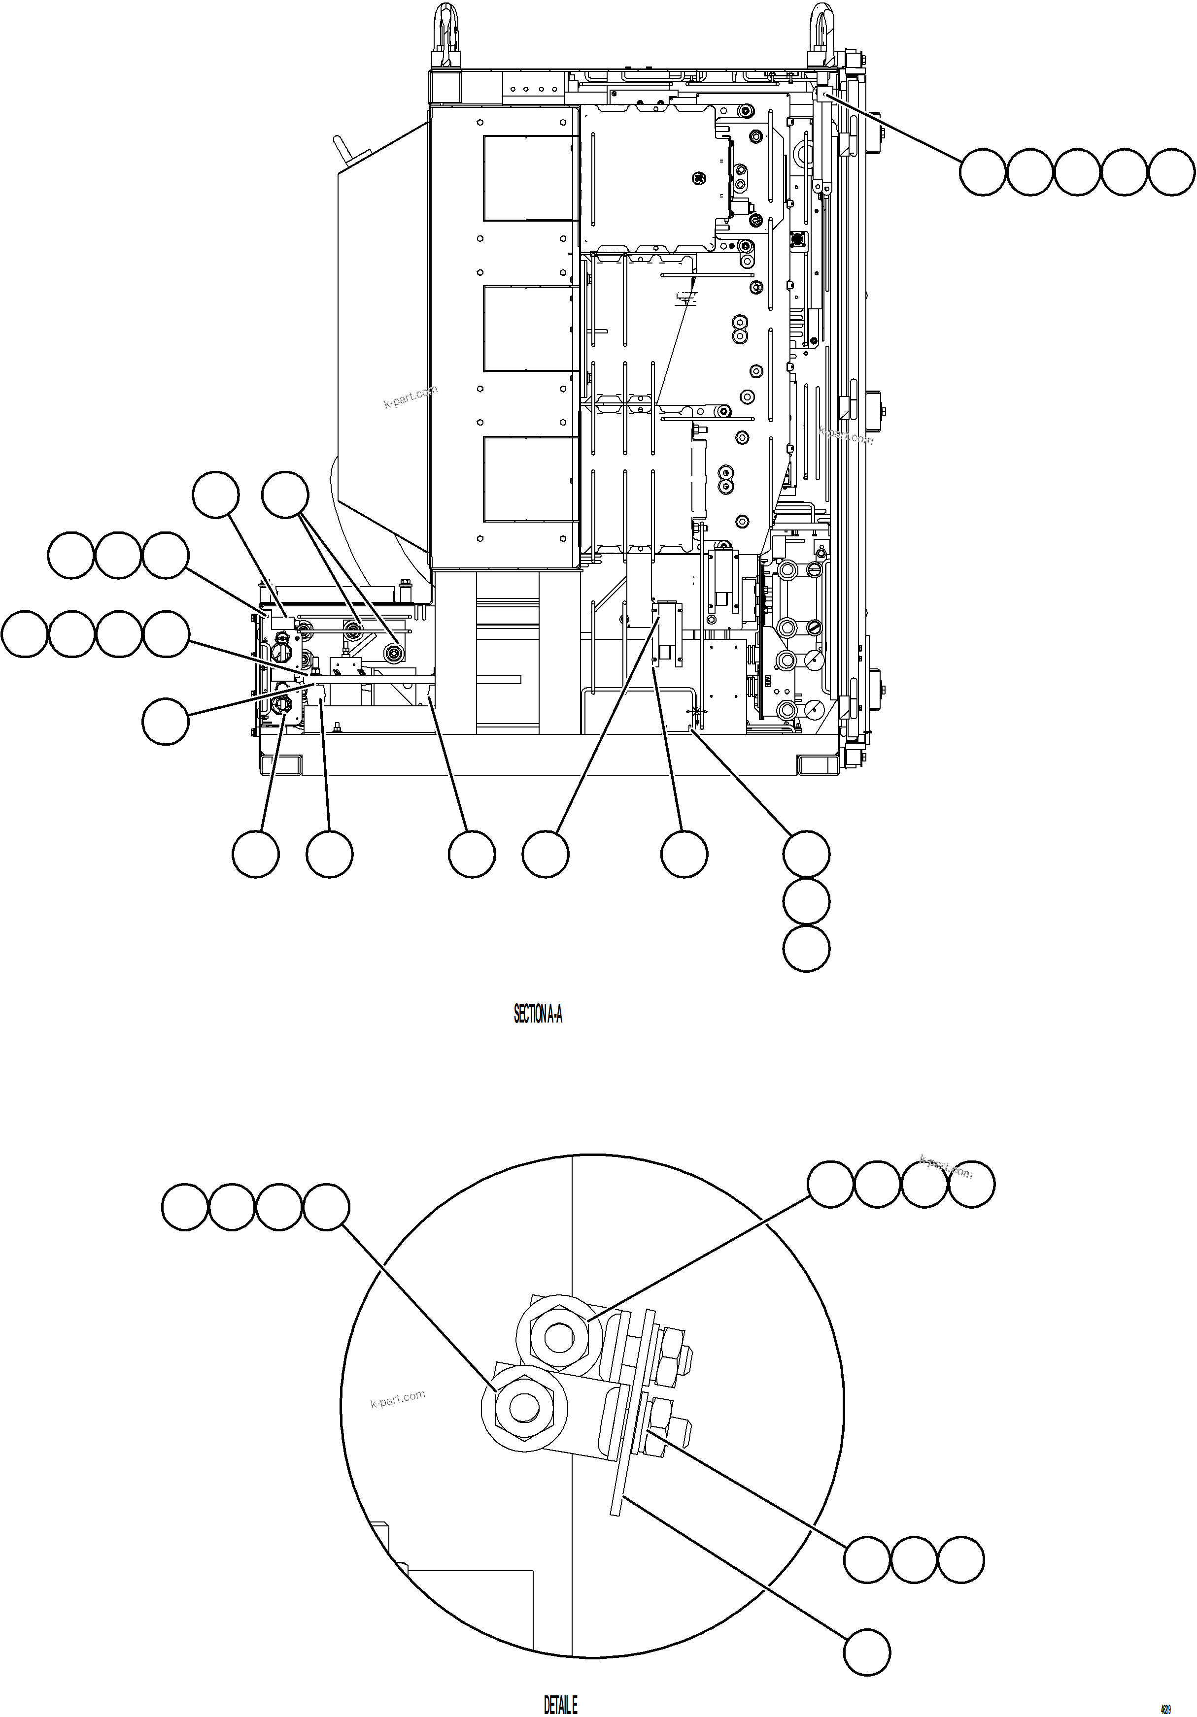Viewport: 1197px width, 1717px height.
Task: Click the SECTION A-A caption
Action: (x=537, y=1014)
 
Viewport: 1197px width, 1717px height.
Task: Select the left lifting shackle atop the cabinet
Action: (x=447, y=36)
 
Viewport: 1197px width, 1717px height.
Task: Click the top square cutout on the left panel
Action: (x=530, y=178)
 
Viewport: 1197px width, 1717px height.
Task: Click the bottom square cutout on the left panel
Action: (x=530, y=479)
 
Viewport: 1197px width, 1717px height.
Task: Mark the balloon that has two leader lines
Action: (x=285, y=495)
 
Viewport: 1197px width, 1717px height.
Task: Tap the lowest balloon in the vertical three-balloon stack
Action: (x=807, y=949)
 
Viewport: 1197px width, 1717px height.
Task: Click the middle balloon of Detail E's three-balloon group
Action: (x=914, y=1560)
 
